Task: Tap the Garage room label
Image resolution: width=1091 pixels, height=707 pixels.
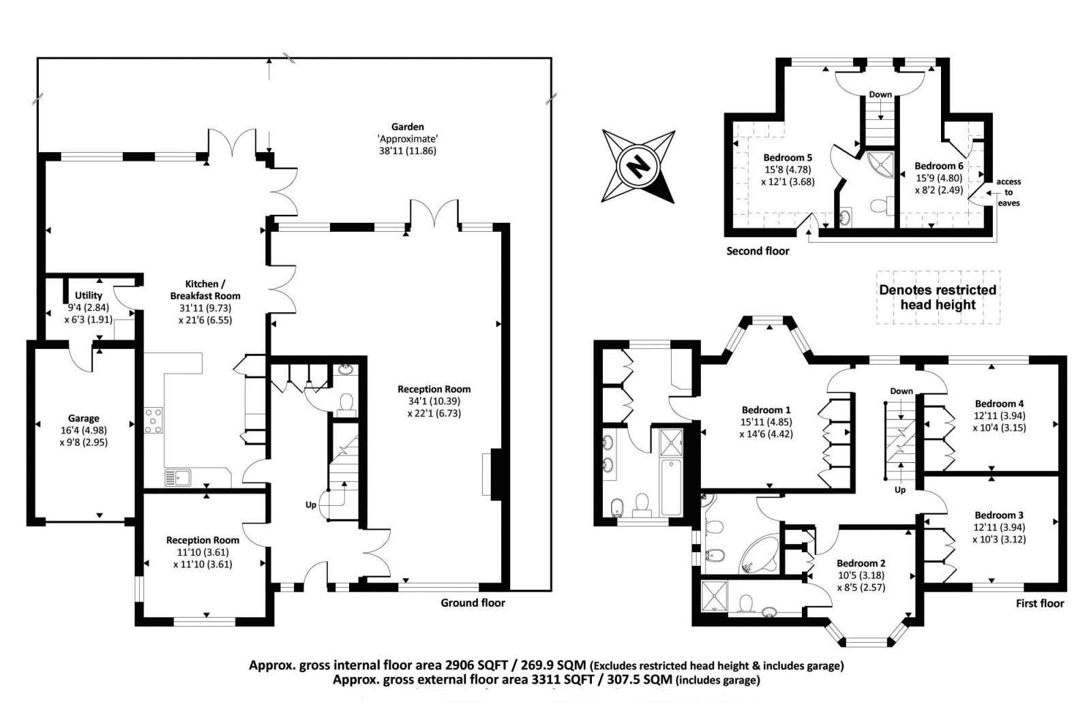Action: coord(84,418)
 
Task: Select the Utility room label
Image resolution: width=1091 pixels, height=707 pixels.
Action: coord(89,296)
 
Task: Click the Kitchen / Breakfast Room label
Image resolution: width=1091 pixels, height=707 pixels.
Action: coord(205,290)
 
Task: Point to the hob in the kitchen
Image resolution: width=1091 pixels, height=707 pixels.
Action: coord(153,420)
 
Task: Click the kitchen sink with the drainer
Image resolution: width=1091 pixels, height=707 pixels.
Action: coord(178,478)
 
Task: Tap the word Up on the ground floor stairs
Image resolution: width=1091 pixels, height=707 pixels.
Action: coord(311,505)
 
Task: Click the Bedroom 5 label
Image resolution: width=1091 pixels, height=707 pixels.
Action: coord(788,157)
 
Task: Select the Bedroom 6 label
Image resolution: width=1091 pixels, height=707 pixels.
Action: coord(938,166)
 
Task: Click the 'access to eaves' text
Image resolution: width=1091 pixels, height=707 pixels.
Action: coord(1008,192)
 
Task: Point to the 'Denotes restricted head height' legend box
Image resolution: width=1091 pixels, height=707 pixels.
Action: coord(938,297)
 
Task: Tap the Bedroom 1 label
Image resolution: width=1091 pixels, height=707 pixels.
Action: coord(766,410)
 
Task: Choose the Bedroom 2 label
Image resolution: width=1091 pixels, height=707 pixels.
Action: coord(861,563)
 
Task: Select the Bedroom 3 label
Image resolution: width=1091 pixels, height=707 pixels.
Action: coord(999,515)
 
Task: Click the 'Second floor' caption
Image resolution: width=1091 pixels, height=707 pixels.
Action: coord(758,252)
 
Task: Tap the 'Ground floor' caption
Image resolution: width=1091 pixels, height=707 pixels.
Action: coord(473,603)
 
